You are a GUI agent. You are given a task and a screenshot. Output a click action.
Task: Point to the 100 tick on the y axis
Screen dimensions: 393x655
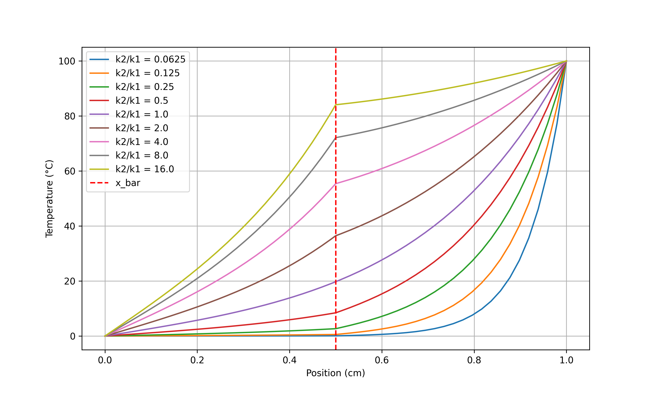click(67, 61)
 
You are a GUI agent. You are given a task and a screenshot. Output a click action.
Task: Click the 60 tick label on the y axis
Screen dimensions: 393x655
click(70, 171)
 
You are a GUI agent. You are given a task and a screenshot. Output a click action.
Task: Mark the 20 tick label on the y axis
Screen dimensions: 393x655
click(70, 281)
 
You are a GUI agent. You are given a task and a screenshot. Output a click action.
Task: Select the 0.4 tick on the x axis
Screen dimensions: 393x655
click(289, 360)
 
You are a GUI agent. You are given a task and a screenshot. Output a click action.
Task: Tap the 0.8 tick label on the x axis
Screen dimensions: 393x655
click(474, 360)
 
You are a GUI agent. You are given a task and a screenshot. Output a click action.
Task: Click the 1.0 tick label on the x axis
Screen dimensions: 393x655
click(566, 360)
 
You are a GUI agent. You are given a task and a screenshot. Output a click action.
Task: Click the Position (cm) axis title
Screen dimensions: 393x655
click(335, 373)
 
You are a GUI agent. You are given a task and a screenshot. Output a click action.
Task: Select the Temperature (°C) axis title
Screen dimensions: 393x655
click(50, 199)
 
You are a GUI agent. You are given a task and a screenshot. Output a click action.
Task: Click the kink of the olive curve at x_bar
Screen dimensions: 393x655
click(336, 105)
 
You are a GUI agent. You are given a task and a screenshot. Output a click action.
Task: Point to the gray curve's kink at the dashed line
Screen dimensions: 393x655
click(336, 138)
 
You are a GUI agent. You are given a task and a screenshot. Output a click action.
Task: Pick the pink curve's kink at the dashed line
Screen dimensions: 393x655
click(336, 184)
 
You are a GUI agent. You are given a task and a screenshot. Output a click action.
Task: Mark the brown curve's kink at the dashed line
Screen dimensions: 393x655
click(336, 236)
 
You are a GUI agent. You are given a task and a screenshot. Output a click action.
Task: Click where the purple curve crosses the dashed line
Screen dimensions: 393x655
click(336, 281)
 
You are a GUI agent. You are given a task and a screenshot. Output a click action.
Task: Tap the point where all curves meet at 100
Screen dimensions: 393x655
click(566, 61)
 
